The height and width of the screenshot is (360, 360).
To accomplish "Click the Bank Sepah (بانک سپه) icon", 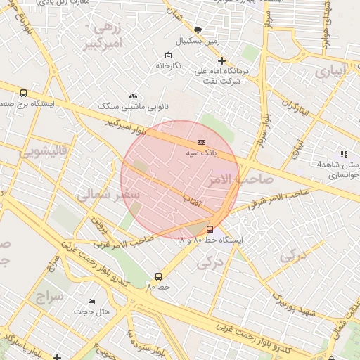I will [x=201, y=142].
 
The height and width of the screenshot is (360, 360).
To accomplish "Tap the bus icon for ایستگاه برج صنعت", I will [x=24, y=93].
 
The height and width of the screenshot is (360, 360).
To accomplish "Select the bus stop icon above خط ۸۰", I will [x=158, y=277].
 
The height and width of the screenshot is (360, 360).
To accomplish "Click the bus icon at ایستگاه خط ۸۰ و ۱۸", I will [x=210, y=229].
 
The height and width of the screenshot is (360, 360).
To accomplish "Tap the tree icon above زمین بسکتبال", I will [x=197, y=30].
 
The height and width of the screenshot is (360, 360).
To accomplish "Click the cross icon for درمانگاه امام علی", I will [x=221, y=61].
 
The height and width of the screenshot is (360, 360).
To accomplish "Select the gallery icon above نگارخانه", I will [x=167, y=56].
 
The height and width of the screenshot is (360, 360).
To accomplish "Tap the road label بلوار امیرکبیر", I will [x=126, y=127].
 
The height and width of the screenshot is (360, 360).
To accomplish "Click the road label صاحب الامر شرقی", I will [x=278, y=200].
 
